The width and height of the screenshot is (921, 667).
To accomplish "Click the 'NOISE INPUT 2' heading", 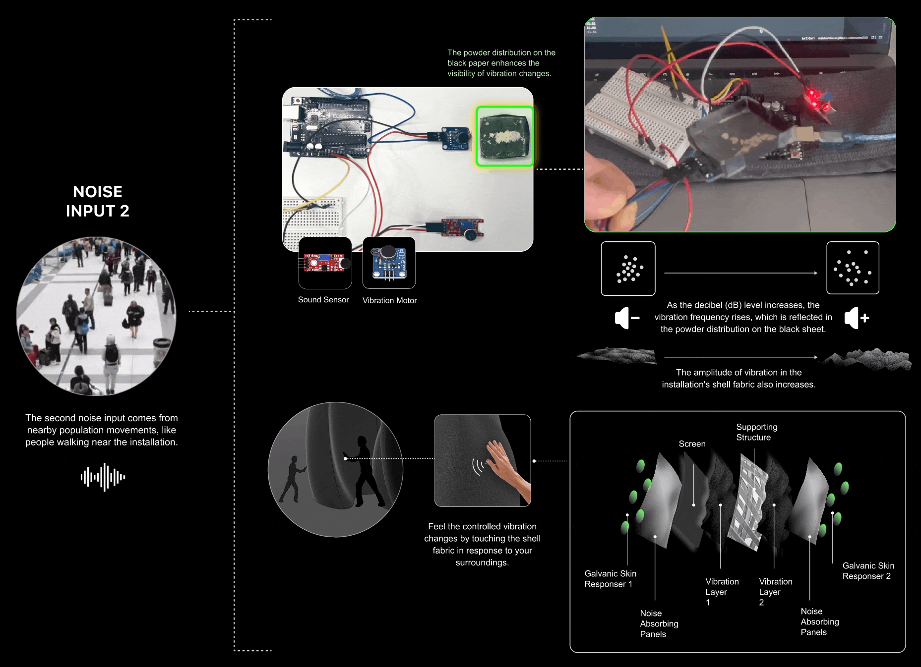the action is point(98,201).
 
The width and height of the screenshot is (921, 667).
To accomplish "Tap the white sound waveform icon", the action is point(103,477).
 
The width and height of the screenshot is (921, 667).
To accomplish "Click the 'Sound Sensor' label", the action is point(323,300).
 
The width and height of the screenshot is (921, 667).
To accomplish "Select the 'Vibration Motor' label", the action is point(390,300).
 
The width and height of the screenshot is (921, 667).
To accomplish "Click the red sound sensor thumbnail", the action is point(325,263).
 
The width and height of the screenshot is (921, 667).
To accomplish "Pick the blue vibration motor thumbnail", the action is point(389,263).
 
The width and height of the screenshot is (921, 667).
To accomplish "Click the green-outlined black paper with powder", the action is point(505,136).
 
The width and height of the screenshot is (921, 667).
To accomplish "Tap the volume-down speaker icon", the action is point(627,318).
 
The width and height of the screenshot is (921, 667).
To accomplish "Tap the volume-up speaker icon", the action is point(857,318).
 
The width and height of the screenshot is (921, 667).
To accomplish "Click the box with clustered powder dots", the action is point(628,269).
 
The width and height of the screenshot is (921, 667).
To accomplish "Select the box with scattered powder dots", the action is point(853,268).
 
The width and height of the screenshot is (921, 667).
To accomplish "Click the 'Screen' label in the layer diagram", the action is point(692,444).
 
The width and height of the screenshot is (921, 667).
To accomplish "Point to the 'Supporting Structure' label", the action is point(757,432).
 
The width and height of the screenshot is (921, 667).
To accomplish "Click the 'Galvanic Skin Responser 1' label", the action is point(611,579).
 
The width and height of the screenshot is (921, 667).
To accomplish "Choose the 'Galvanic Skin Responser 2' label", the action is point(868,571).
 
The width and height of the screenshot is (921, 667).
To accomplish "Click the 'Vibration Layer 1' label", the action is point(722,592).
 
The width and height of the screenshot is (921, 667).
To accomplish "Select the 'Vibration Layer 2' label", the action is point(776,592).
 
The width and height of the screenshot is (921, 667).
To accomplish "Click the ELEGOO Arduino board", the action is point(326,127).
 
